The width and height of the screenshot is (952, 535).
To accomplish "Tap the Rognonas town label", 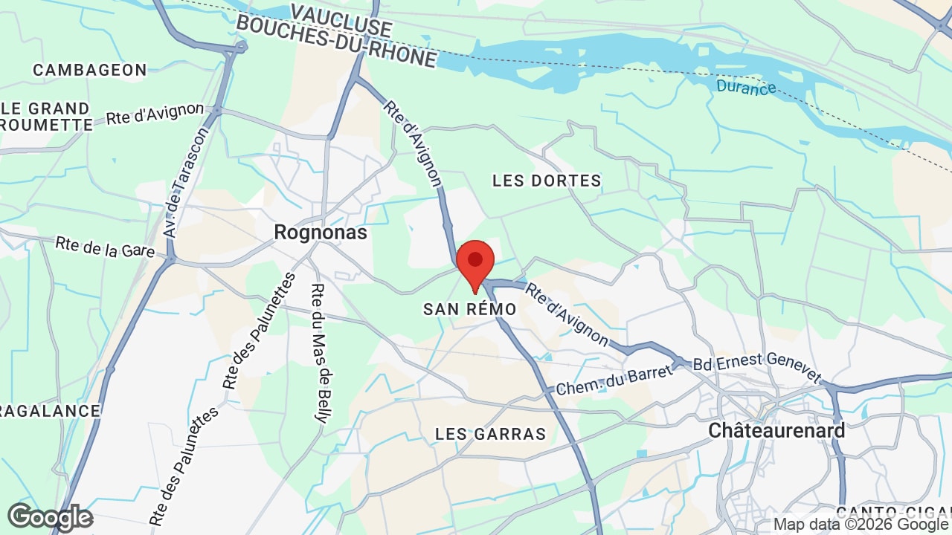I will click(321, 233).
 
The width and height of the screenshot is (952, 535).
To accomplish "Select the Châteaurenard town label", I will click(776, 430).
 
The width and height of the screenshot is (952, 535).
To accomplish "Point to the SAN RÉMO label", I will click(470, 309).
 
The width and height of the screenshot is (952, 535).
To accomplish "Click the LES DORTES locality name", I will click(547, 181).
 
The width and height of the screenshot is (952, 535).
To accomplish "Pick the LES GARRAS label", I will click(491, 434).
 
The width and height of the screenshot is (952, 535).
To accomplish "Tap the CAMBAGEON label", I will click(90, 70).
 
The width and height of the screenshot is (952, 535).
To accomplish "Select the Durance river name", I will click(746, 87).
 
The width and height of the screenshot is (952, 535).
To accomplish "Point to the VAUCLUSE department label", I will click(341, 20).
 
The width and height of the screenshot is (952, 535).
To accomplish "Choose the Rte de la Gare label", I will click(105, 247).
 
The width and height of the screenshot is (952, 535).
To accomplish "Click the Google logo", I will click(50, 517).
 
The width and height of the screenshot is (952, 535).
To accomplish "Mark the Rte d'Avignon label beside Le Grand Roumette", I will click(155, 114).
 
